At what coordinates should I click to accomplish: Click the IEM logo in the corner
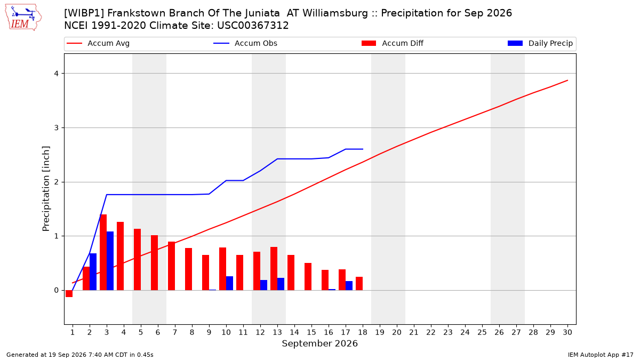(x=23, y=18)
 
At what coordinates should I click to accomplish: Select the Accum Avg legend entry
(x=98, y=43)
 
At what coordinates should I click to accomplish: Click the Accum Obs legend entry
(x=245, y=43)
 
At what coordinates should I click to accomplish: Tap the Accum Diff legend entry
(x=393, y=43)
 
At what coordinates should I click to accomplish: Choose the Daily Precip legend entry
(x=540, y=43)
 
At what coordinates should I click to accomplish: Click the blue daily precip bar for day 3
(x=110, y=261)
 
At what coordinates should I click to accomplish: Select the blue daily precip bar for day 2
(x=93, y=271)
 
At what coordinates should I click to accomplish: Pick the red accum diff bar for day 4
(x=121, y=256)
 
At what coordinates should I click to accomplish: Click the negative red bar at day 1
(x=69, y=294)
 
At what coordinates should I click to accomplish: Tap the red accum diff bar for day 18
(x=359, y=283)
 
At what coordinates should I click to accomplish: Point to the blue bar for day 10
(x=229, y=283)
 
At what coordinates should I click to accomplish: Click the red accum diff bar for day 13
(x=274, y=269)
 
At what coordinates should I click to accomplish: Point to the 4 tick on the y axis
(x=57, y=74)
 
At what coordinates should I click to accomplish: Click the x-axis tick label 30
(x=567, y=332)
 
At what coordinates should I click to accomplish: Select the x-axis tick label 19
(x=380, y=332)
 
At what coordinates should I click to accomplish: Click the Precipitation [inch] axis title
(x=46, y=189)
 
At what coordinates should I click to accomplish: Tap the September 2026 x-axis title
(x=319, y=343)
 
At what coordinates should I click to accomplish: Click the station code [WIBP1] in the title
(x=84, y=13)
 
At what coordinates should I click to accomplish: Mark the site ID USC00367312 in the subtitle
(x=253, y=26)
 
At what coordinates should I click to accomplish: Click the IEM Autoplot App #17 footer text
(x=601, y=355)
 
